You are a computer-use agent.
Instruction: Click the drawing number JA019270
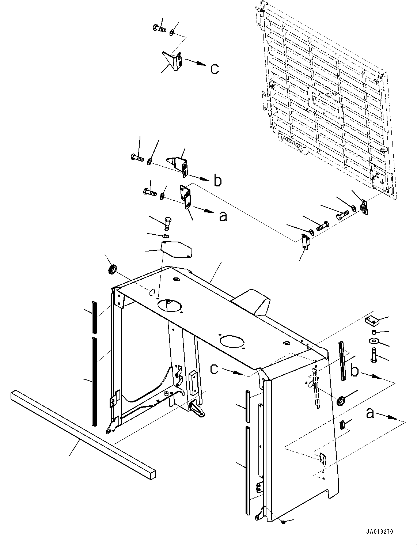point(379,531)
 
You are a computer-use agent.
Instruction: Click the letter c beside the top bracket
point(215,69)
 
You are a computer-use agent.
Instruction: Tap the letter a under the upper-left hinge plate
point(223,216)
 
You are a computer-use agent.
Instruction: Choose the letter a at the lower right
point(370,413)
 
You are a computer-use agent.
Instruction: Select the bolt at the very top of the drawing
point(159,28)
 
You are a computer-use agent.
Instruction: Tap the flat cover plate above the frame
point(177,249)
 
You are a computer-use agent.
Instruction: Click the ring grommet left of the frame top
point(113,269)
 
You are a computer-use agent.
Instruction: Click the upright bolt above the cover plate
point(168,223)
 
